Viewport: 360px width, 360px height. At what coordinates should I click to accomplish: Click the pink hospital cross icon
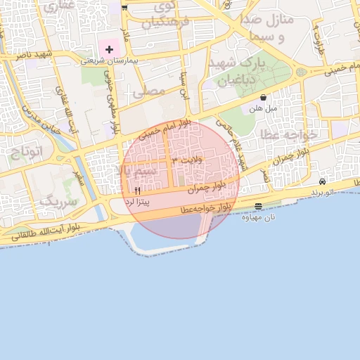tap(109, 49)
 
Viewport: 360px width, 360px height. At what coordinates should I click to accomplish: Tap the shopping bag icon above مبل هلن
tap(263, 98)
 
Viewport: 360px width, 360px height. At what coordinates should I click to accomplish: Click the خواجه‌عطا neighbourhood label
tap(289, 133)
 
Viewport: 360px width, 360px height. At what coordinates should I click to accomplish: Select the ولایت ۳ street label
tap(186, 161)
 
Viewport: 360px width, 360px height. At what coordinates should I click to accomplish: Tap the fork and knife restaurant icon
tap(137, 191)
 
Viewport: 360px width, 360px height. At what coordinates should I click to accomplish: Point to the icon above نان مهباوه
tap(259, 206)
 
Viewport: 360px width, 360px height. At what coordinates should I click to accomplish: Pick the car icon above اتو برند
tap(322, 181)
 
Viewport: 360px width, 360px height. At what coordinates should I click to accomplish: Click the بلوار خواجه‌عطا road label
tap(205, 209)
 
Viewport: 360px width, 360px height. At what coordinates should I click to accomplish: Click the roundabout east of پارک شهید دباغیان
tap(302, 72)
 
